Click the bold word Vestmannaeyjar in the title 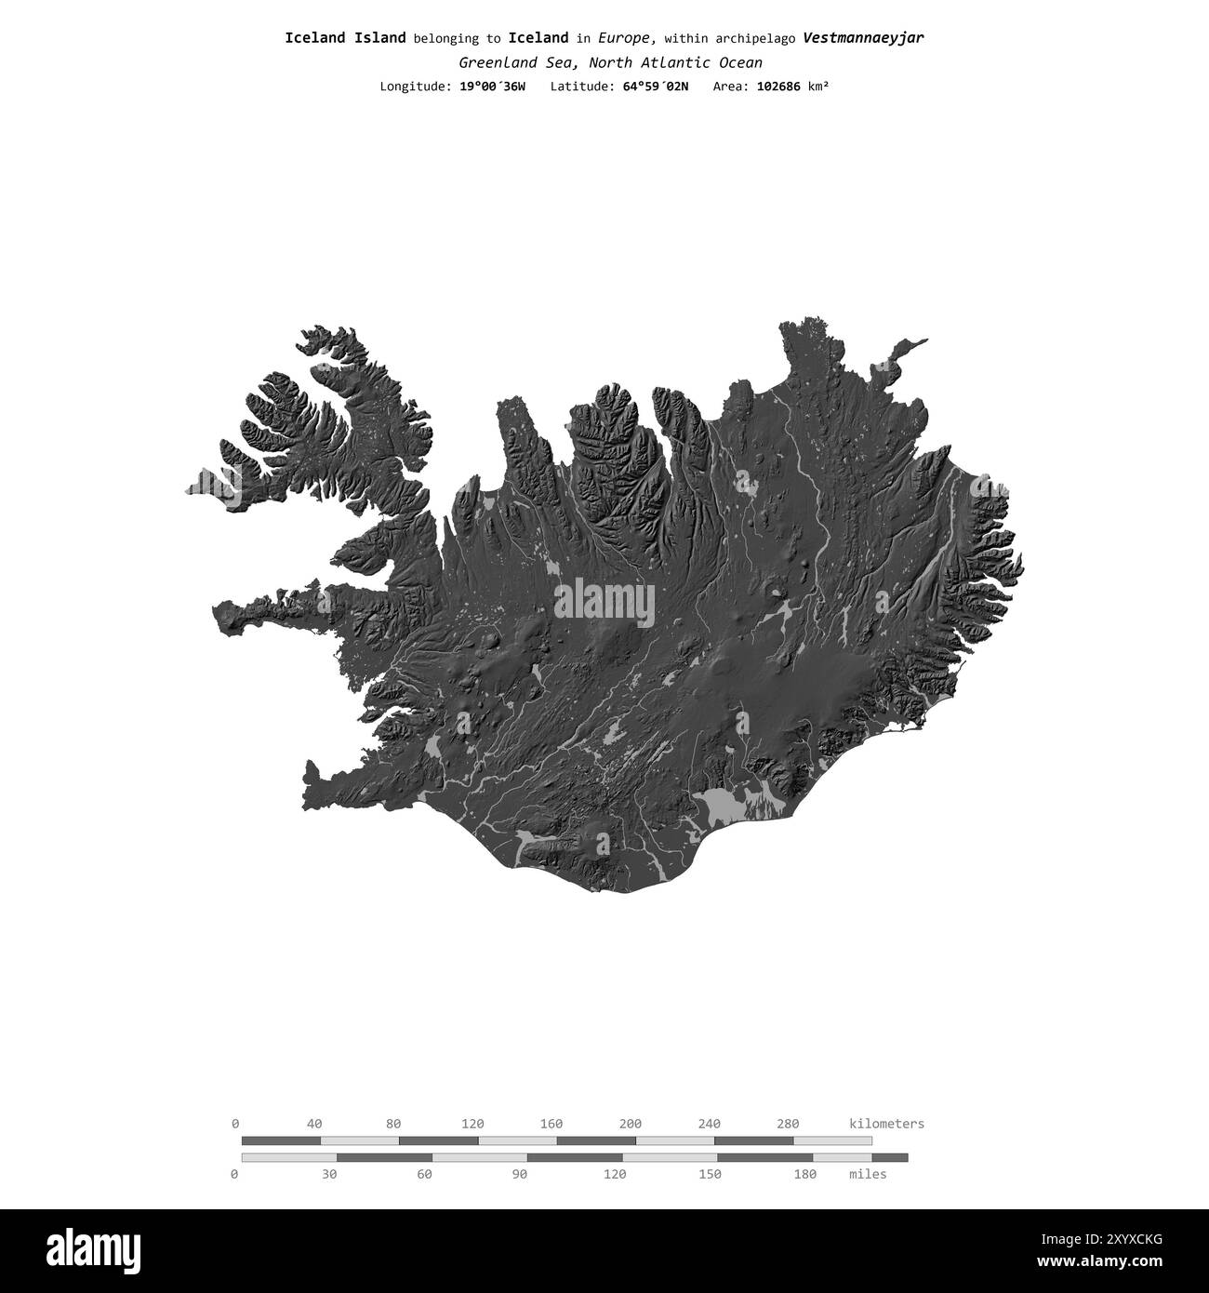click(863, 38)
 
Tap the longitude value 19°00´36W click(492, 87)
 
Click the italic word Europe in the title click(627, 38)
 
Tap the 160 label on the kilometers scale click(551, 1124)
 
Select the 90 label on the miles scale click(520, 1174)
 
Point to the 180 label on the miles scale click(804, 1174)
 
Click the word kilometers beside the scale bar click(886, 1124)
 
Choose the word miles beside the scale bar click(868, 1174)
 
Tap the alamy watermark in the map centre click(604, 603)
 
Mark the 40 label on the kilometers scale click(314, 1124)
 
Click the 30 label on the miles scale click(329, 1174)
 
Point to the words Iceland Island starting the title click(345, 38)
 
